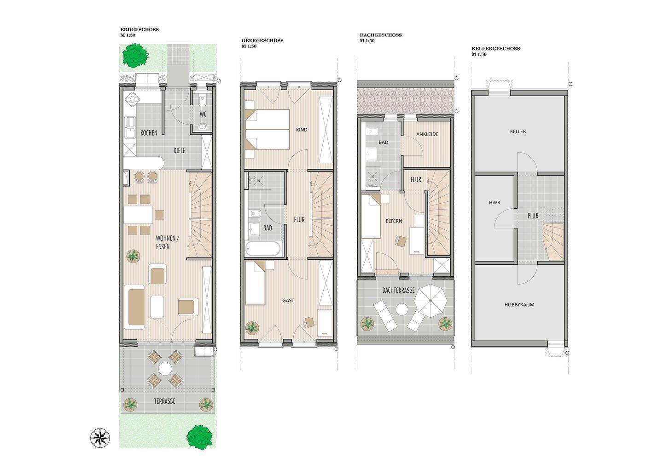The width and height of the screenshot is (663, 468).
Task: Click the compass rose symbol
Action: pos(100,438)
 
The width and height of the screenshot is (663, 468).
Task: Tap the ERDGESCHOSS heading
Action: pos(140,29)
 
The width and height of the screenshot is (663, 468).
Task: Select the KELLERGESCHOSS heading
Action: pos(495,49)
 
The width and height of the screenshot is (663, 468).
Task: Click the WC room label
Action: pos(203,114)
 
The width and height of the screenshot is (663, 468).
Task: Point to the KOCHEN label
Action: pos(149,133)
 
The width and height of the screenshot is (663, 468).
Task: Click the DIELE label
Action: pos(179,150)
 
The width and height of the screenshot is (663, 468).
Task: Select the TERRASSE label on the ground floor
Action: pos(164,401)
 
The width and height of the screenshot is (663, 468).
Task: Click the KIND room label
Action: pos(302,130)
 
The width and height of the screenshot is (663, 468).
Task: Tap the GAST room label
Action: pos(288,300)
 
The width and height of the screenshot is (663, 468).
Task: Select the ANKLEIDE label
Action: pos(427,134)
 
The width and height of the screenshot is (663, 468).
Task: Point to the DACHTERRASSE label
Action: pos(398,291)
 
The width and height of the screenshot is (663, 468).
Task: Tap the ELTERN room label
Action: pos(394,221)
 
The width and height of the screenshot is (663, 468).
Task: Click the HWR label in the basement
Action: pos(494,203)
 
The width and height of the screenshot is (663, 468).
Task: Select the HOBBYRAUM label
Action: pos(519,304)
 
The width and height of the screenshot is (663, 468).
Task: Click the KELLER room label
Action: pos(518,131)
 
